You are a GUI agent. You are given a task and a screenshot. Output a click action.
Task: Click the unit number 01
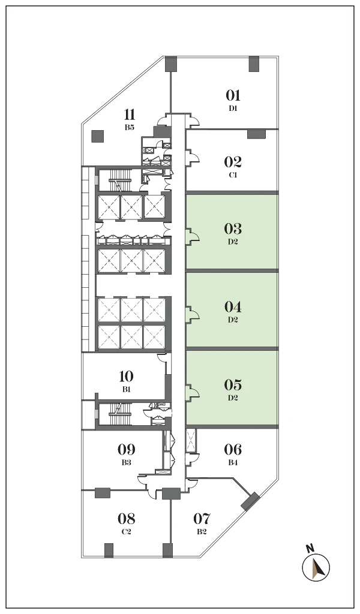(x=233, y=95)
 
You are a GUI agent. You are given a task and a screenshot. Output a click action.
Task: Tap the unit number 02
(x=233, y=162)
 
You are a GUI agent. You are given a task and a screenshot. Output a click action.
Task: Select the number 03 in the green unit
(x=233, y=228)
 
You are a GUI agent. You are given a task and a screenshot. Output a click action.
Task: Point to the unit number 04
(x=233, y=306)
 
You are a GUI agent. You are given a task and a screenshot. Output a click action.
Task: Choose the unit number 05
(x=233, y=385)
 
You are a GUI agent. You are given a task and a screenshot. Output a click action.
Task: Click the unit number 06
(x=233, y=449)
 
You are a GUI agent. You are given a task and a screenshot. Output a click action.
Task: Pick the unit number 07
(x=202, y=519)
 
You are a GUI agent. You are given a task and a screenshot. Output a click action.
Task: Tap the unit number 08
(x=126, y=519)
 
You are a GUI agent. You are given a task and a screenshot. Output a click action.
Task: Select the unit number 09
(x=126, y=449)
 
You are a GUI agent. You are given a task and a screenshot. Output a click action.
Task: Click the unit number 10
(x=126, y=377)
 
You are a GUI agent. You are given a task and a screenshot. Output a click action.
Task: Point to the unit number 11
(x=130, y=115)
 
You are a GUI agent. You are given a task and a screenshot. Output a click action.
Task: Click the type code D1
(x=233, y=109)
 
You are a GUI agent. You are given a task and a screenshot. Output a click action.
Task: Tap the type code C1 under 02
(x=233, y=175)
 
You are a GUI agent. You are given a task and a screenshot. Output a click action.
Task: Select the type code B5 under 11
(x=129, y=127)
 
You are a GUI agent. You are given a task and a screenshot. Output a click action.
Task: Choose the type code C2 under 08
(x=126, y=532)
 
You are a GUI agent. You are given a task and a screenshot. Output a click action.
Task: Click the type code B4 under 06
(x=233, y=462)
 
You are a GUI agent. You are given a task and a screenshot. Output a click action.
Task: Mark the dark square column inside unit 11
(x=97, y=136)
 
